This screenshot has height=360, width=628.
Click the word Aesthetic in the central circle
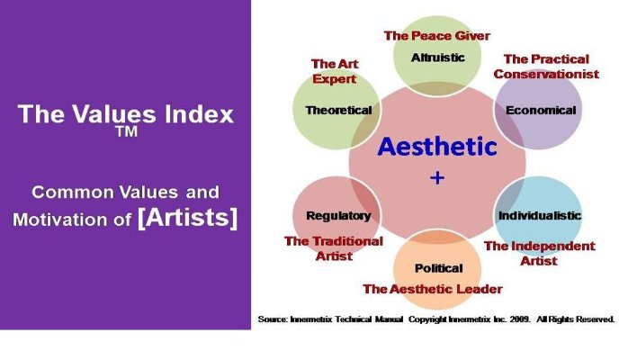[437, 146]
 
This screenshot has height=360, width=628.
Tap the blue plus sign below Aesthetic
[437, 177]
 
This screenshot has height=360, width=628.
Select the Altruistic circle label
[438, 58]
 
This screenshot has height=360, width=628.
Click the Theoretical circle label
[338, 110]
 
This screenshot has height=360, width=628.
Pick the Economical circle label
[541, 110]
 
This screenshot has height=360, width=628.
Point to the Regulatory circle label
[338, 216]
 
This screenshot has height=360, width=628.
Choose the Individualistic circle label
[540, 215]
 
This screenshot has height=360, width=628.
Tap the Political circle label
[438, 268]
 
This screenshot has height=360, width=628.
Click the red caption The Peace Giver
[437, 36]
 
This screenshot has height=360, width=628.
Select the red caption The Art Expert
[335, 71]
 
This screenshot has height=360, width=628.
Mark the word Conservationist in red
[546, 74]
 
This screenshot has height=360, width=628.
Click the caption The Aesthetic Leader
[433, 289]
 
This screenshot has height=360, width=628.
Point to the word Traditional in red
[349, 241]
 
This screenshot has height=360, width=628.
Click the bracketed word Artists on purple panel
[187, 218]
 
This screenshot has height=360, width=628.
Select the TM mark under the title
[127, 131]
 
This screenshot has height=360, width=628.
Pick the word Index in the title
[199, 113]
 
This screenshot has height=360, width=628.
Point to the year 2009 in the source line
[520, 319]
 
